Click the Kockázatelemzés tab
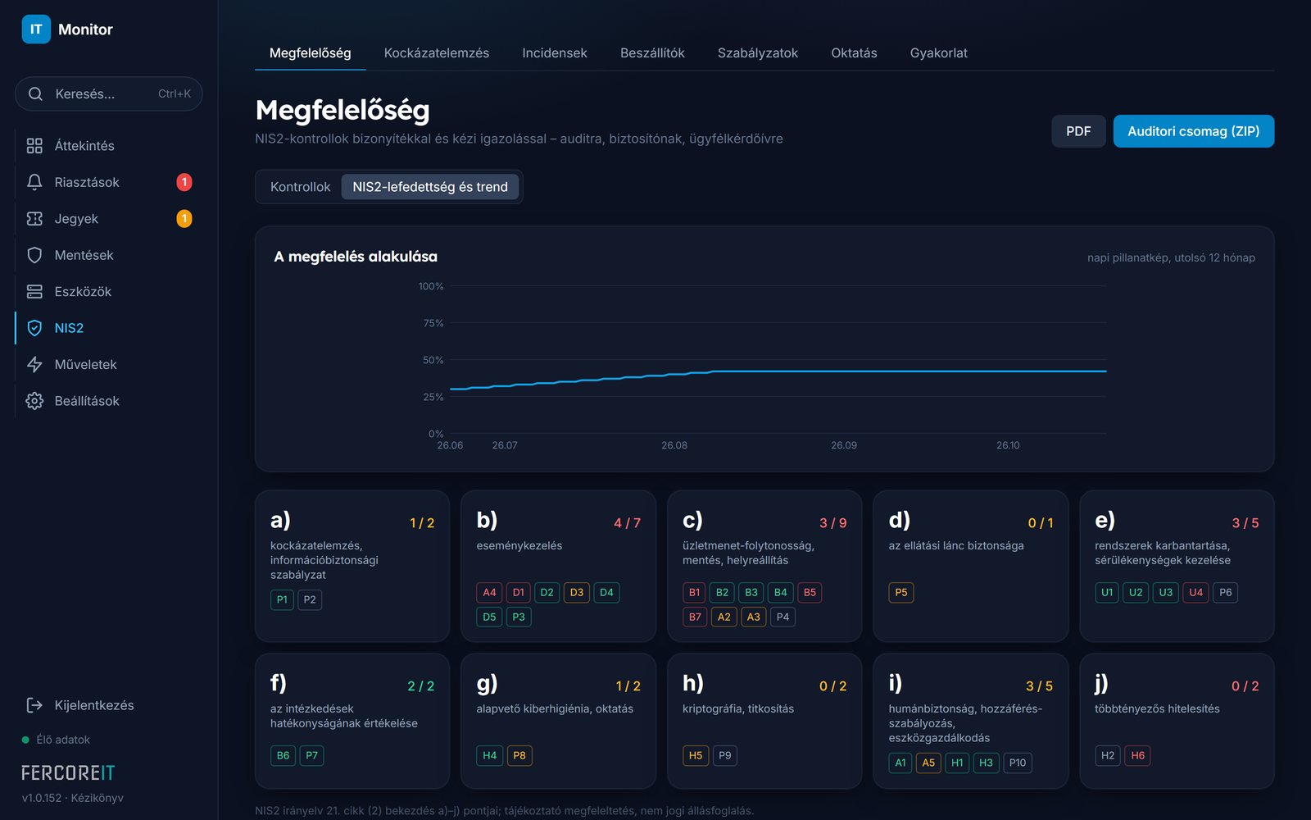(x=436, y=52)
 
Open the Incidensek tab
(x=554, y=52)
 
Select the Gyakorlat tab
(x=938, y=52)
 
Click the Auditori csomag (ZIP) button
(x=1193, y=131)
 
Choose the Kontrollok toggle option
(x=300, y=187)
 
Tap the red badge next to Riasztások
(x=184, y=182)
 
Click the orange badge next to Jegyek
(x=184, y=218)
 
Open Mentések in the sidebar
(x=84, y=255)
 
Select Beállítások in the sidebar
(x=87, y=401)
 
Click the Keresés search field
(x=109, y=93)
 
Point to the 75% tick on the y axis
(x=433, y=323)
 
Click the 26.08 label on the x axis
(x=674, y=445)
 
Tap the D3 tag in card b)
(x=577, y=592)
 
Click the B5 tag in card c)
(x=810, y=592)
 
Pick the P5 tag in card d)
(x=900, y=592)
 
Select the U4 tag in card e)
(x=1195, y=592)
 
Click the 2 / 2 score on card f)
(x=421, y=686)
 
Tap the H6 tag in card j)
(x=1137, y=755)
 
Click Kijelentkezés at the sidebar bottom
(x=93, y=705)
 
